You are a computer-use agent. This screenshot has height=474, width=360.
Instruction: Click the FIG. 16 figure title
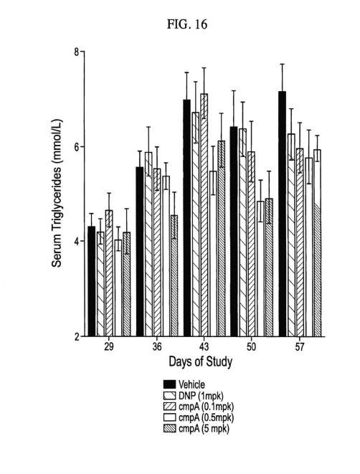coord(187,24)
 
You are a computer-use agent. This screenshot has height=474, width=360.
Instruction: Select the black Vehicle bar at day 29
coord(92,281)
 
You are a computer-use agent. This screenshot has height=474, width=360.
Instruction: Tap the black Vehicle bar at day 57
coord(283,214)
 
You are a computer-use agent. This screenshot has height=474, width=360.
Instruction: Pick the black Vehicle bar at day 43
coord(186,218)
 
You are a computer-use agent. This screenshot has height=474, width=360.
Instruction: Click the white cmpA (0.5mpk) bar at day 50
coord(260,269)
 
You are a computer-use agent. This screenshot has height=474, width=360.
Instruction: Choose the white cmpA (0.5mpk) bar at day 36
coord(166,256)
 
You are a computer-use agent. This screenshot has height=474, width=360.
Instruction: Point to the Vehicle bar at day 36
coord(139,252)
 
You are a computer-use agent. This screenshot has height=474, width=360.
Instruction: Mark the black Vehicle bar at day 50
coord(234,231)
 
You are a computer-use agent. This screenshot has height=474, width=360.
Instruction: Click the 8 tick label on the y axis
coord(77,52)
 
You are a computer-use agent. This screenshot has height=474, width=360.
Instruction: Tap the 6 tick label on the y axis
coord(77,146)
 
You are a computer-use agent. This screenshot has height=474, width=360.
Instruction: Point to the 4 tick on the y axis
coord(77,241)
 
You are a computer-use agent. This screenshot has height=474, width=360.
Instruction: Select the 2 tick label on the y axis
coord(77,336)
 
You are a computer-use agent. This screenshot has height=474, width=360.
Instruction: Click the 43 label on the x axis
coord(204,347)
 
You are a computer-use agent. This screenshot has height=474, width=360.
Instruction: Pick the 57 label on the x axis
coord(300,347)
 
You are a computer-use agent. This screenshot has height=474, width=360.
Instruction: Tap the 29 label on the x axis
coord(109,347)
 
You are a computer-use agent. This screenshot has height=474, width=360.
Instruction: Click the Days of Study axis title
coord(201,362)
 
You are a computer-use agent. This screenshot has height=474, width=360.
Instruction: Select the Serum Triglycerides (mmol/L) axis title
coord(57,194)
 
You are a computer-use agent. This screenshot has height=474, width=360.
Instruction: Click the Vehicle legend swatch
coord(169,384)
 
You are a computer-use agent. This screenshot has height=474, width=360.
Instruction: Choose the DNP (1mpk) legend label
coord(201,396)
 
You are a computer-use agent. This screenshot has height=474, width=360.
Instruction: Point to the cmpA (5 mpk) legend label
coord(204,429)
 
